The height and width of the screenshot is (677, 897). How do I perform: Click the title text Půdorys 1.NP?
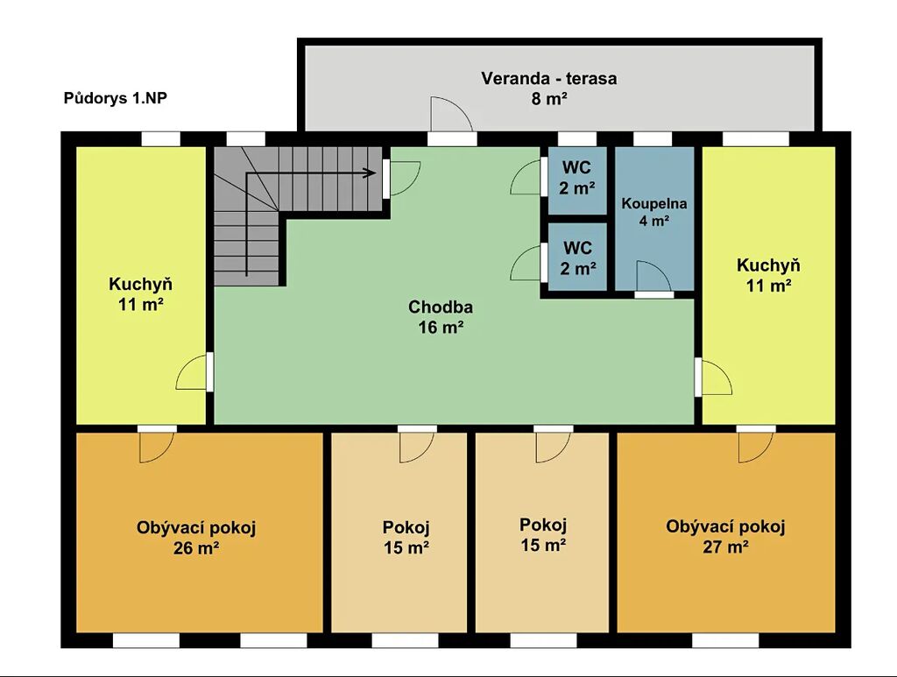pos(115,98)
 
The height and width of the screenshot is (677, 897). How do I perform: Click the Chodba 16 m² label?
pos(441,317)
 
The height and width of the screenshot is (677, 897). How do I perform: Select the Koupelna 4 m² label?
pos(653,212)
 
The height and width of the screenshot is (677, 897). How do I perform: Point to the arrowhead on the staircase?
pos(370,173)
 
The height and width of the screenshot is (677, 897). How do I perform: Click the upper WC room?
pos(576,180)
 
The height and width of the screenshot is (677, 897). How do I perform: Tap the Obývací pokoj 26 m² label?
pos(196,538)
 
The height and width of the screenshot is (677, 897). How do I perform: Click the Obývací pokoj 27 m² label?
pos(725,536)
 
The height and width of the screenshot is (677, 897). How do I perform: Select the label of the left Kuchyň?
pos(141,294)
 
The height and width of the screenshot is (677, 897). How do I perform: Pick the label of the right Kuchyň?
pos(768,275)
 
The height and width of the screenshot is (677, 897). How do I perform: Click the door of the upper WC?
pos(526,177)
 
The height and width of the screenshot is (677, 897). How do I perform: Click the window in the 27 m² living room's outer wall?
pos(725,640)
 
